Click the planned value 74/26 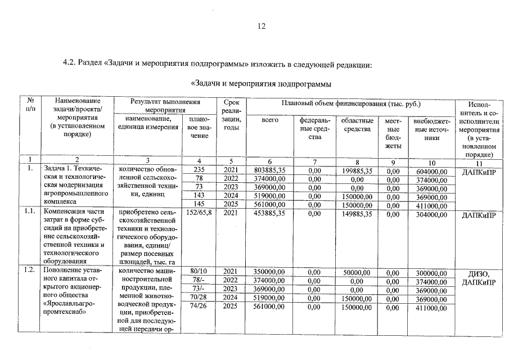(200, 307)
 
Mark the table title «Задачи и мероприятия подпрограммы (261, 84)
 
